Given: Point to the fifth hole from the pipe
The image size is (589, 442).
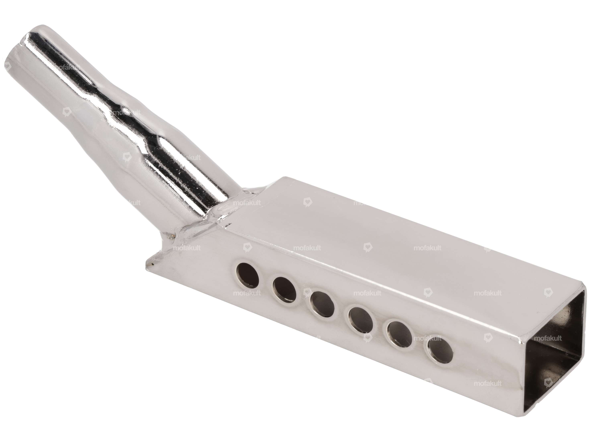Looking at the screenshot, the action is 400,335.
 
